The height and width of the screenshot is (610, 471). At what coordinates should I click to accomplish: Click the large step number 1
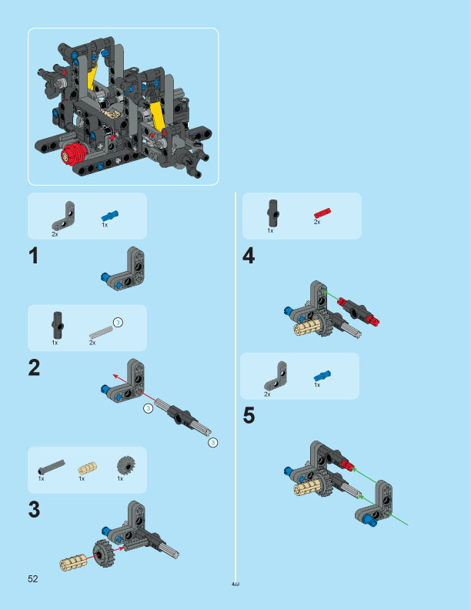(33, 257)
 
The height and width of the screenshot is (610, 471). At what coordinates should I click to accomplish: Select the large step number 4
(249, 257)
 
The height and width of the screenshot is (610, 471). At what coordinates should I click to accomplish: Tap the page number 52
(33, 578)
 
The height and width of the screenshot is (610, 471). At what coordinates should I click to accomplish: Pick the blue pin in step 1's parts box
(110, 216)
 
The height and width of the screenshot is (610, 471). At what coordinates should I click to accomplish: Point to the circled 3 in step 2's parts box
(118, 321)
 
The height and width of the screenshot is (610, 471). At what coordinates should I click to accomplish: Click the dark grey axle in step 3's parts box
(50, 467)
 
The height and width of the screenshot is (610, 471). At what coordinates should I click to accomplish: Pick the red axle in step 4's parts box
(322, 212)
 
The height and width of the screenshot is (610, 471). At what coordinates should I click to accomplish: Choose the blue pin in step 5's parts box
(322, 376)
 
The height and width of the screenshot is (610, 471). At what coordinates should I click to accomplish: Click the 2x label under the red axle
(317, 222)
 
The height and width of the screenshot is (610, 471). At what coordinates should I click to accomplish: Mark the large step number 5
(249, 417)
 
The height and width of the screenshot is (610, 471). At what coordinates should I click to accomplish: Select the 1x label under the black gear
(120, 479)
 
